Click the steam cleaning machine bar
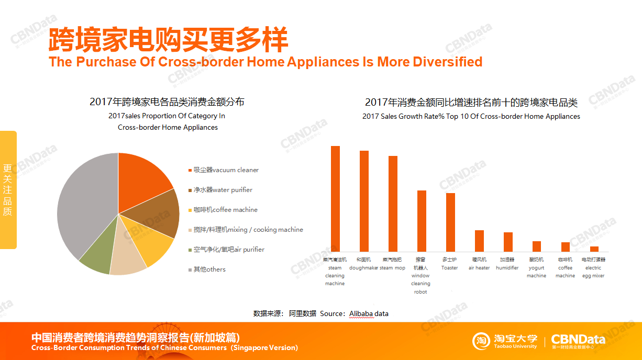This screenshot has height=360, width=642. (x=335, y=199)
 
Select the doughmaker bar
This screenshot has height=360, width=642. (x=364, y=201)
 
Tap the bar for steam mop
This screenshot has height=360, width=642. (x=393, y=204)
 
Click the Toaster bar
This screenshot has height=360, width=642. (x=450, y=222)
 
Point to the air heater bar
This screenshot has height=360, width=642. (x=479, y=241)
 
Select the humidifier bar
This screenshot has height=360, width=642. (x=508, y=242)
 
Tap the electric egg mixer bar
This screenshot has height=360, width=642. (x=594, y=249)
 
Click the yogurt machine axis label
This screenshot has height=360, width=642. (x=536, y=267)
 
